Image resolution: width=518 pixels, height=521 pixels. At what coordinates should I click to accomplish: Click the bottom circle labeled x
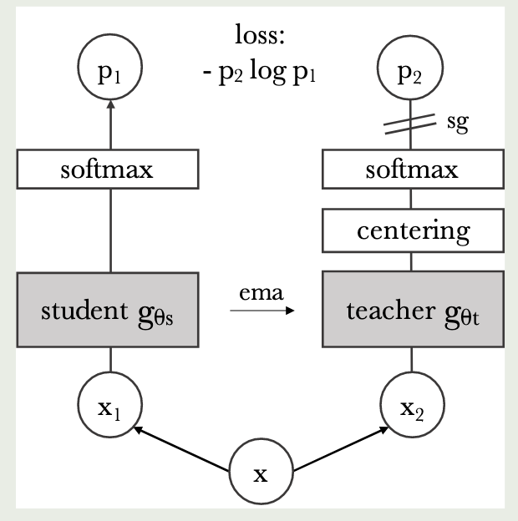click(x=261, y=474)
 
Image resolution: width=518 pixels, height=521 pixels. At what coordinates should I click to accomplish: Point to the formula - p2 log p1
click(x=261, y=72)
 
